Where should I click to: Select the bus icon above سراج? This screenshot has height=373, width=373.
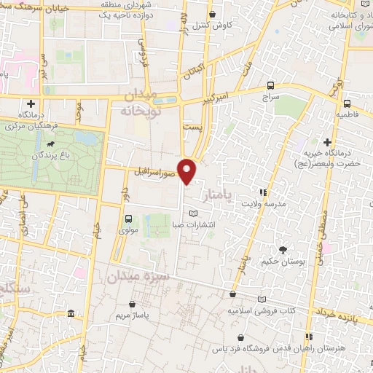click(x=271, y=85)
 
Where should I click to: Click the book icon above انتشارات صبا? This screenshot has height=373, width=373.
click(x=193, y=213)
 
